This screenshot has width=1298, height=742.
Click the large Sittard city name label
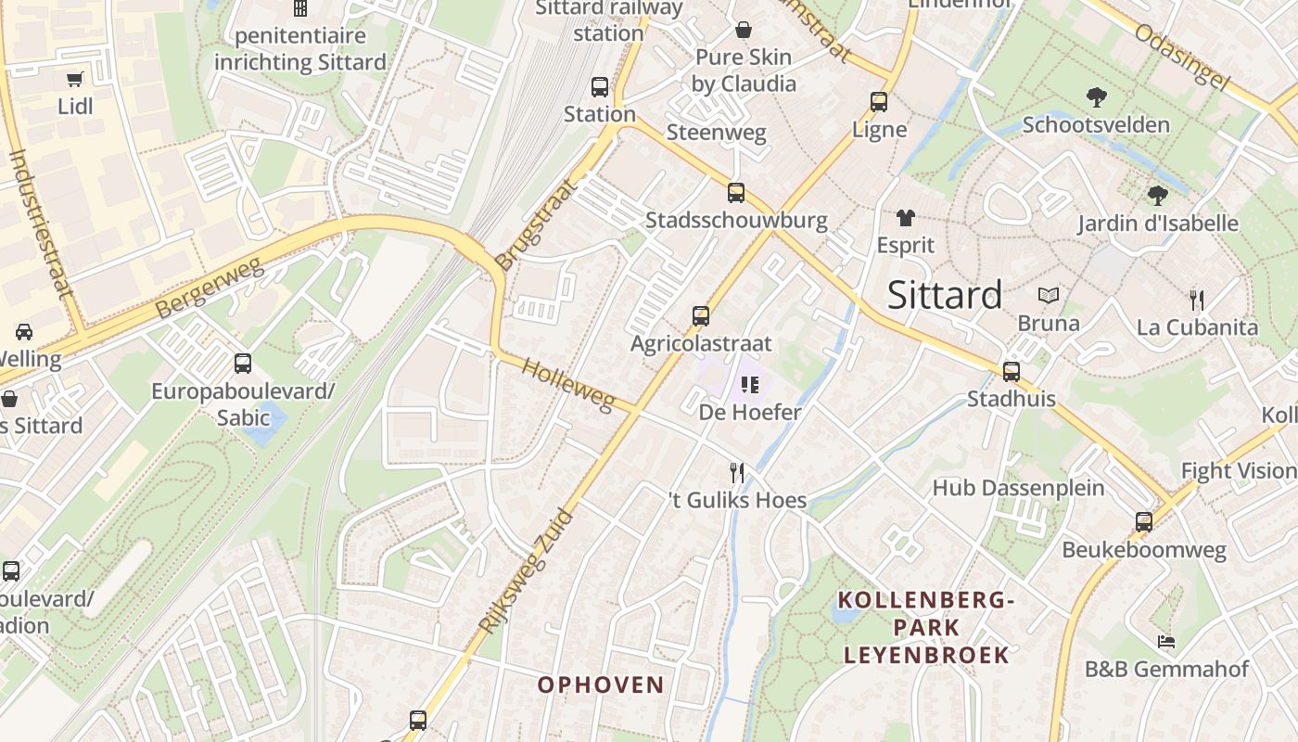(944, 295)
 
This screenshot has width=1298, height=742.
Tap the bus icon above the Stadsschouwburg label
(735, 193)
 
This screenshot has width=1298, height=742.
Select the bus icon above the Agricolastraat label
(700, 316)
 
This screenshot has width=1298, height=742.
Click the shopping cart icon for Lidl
(75, 80)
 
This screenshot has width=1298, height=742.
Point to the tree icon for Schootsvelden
(1096, 96)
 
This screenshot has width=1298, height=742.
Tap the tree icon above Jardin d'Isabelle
(1157, 196)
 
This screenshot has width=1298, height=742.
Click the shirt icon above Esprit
(905, 219)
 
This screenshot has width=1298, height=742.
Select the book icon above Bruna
(1049, 296)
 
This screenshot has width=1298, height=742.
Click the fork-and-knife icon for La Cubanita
(1197, 300)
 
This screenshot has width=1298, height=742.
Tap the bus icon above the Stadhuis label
(1011, 372)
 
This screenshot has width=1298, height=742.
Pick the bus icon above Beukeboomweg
(1143, 522)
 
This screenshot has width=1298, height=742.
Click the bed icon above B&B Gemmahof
(1166, 641)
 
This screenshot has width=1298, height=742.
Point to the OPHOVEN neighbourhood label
(601, 685)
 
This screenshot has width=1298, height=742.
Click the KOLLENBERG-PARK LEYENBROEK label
(925, 628)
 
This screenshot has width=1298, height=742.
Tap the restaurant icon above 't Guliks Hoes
(737, 473)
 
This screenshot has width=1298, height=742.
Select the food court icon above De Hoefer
(749, 384)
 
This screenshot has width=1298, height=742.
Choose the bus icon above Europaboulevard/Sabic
(243, 364)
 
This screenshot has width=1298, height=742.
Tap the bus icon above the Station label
(600, 87)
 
